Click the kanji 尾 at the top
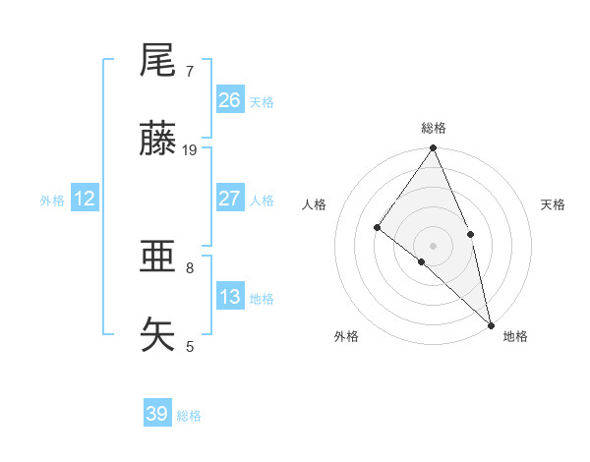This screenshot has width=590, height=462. click(158, 62)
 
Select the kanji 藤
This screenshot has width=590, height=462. click(158, 141)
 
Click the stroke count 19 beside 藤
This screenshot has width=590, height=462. click(190, 149)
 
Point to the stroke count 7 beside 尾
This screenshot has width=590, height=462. click(190, 71)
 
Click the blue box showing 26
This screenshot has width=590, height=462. click(230, 100)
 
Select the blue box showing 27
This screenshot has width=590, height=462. click(230, 199)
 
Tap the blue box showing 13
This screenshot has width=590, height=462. click(230, 297)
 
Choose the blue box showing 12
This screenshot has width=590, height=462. click(85, 199)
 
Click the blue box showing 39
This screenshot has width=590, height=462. click(157, 414)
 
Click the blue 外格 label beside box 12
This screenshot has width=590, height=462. click(52, 201)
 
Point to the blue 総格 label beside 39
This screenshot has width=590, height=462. click(190, 416)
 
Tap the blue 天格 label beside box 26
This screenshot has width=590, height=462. click(262, 102)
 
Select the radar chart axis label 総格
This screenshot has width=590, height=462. click(434, 128)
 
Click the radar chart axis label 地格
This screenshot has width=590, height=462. click(515, 336)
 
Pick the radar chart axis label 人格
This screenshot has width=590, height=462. click(315, 204)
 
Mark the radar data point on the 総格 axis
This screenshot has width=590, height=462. click(434, 149)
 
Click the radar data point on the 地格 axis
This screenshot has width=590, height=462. click(491, 323)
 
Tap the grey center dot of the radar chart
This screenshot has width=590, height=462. click(434, 245)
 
